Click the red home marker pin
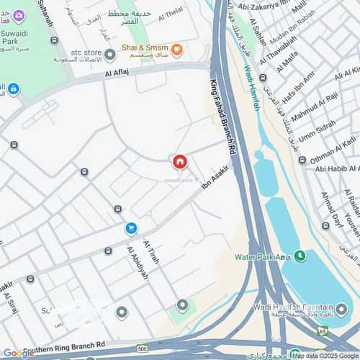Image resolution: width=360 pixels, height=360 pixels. (x=180, y=162)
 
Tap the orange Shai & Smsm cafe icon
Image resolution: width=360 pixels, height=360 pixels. (x=176, y=50)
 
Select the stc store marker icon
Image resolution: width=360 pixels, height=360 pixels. (x=109, y=55)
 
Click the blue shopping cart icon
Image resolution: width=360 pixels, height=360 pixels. (x=131, y=229)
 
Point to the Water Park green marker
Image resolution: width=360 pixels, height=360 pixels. (x=298, y=256)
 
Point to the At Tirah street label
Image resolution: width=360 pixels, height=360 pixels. (x=150, y=251)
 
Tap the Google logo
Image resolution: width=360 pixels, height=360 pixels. (x=18, y=352)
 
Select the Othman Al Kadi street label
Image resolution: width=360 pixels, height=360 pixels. (x=333, y=153)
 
